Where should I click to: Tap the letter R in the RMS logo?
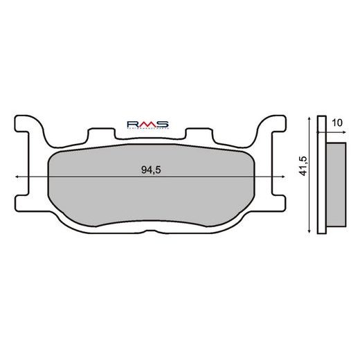point(132,123)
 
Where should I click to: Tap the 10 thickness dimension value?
point(336,123)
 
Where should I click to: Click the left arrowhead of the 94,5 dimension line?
point(17,178)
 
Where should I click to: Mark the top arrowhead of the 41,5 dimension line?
point(309,118)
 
